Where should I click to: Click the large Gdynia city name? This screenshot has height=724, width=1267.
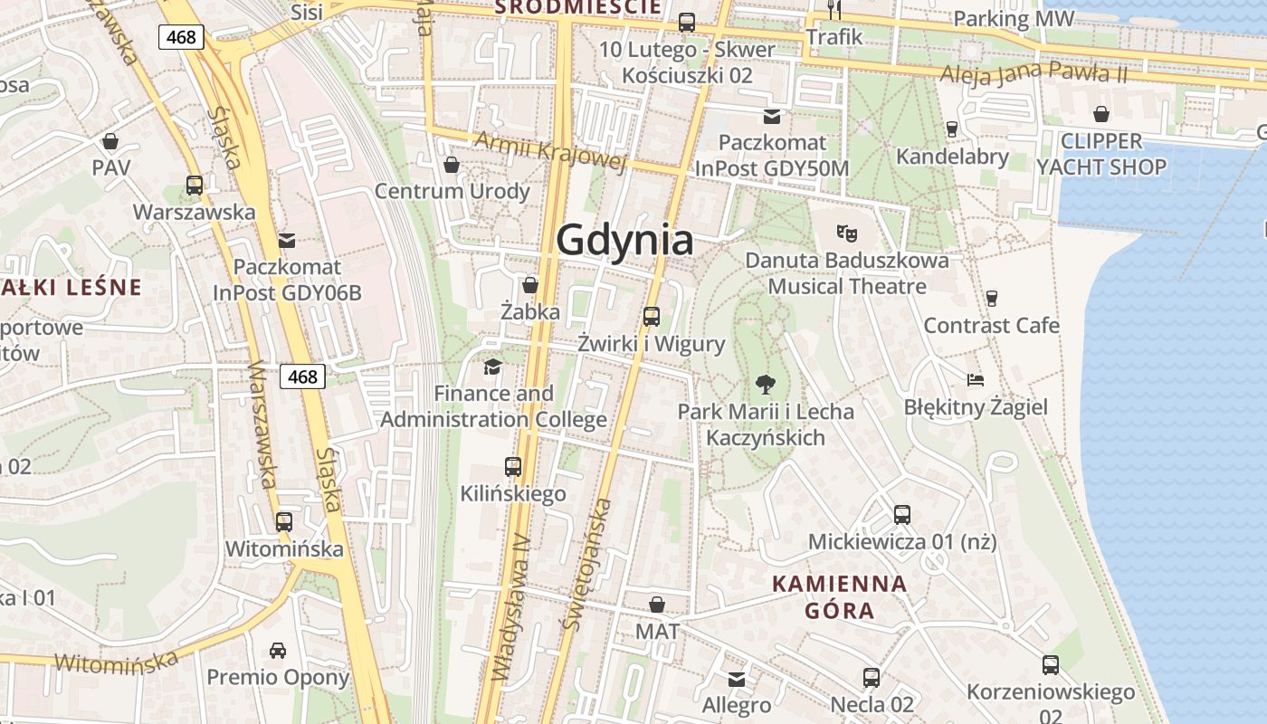tap(624, 240)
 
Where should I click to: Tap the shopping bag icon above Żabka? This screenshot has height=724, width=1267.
tap(530, 285)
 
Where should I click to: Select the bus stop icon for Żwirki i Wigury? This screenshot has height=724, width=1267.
tap(651, 316)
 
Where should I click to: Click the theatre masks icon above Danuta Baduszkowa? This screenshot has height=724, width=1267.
tap(847, 233)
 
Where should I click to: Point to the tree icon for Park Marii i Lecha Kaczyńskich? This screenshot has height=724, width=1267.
tap(765, 384)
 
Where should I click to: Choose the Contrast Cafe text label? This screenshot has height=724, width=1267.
tap(991, 325)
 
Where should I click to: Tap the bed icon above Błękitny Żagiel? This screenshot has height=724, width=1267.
tap(975, 379)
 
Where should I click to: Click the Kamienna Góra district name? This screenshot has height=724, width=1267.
tap(840, 596)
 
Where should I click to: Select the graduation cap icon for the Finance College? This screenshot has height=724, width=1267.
tap(492, 367)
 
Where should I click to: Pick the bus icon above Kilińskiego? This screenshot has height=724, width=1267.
tap(513, 467)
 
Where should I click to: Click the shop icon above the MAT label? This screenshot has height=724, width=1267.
tap(657, 604)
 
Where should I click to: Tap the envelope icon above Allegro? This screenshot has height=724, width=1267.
tap(737, 679)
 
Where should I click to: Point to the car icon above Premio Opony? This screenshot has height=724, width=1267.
tap(278, 650)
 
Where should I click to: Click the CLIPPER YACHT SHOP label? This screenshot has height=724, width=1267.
tap(1101, 154)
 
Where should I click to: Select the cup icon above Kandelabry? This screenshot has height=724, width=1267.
tap(951, 129)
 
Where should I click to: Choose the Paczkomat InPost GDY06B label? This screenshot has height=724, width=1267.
tap(287, 280)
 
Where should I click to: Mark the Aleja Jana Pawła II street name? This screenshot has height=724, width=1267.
tap(1034, 73)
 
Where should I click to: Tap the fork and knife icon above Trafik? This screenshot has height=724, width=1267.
tap(834, 10)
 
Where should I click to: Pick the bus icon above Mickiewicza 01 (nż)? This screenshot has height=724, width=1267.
tap(901, 514)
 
